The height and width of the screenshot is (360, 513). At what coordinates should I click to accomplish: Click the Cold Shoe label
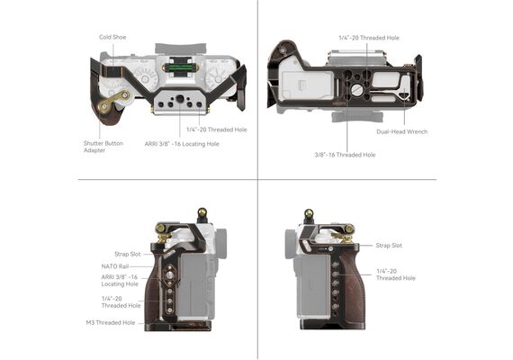[x=112, y=37]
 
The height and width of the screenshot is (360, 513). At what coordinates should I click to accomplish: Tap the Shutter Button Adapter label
[x=103, y=147]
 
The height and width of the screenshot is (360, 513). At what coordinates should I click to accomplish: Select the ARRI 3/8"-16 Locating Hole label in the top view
[x=182, y=144]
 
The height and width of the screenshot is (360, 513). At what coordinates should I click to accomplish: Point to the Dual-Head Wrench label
[x=401, y=132]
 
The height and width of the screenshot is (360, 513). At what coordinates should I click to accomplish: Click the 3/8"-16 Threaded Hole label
[x=345, y=155]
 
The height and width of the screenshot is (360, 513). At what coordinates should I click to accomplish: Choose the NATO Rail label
[x=115, y=266]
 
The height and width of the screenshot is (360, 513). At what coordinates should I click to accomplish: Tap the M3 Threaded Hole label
[x=111, y=323]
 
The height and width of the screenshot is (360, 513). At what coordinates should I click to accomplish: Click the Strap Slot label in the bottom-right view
[x=389, y=246]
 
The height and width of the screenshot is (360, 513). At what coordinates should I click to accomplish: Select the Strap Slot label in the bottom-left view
[x=128, y=254]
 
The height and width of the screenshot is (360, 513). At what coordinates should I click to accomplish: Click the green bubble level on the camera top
[x=179, y=67]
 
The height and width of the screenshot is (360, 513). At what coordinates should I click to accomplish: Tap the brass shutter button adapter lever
[x=113, y=102]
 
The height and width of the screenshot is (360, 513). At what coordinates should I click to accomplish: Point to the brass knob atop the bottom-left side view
[x=202, y=211]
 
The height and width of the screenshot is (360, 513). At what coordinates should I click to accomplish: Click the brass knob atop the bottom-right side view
[x=309, y=213]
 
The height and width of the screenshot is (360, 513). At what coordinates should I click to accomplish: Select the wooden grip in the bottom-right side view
[x=352, y=288]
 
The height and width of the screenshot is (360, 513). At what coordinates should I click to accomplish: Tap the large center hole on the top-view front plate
[x=180, y=99]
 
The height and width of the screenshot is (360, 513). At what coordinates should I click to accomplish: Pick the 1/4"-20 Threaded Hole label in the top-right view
[x=369, y=38]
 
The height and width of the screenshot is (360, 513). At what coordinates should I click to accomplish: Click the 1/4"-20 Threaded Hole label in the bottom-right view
[x=395, y=274]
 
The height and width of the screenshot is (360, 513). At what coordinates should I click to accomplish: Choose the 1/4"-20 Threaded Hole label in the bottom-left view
[x=121, y=302]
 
